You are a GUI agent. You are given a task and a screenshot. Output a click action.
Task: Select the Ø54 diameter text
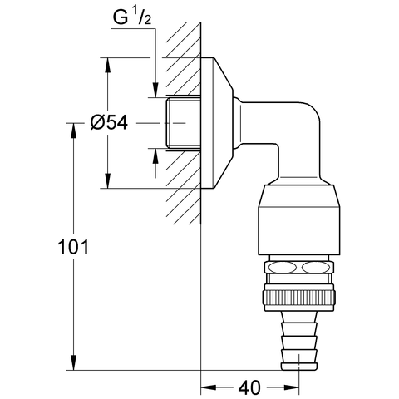(x=108, y=123)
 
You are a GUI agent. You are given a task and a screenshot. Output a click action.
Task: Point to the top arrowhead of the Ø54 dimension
(x=107, y=63)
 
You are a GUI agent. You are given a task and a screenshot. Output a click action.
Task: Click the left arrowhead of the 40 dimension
(x=206, y=387)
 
